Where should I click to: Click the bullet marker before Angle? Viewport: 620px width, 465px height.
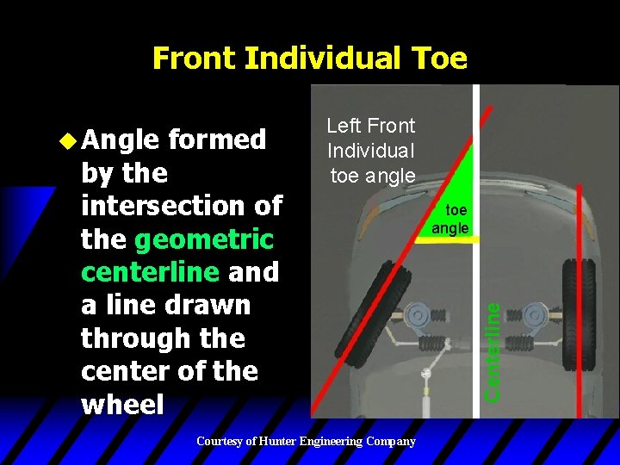71,139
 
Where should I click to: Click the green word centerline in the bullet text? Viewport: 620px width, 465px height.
150,271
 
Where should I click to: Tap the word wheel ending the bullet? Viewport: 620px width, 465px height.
121,404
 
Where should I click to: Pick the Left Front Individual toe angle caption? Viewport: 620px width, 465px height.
371,151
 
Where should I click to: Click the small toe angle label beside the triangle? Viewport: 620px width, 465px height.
450,220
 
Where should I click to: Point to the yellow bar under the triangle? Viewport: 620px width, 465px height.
446,239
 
